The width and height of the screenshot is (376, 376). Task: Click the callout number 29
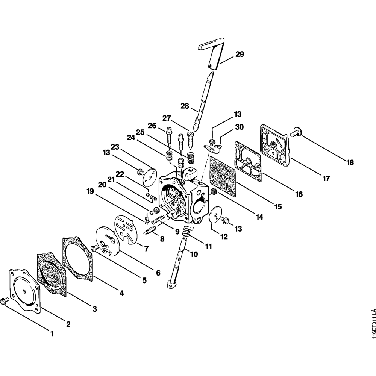[x=240, y=54]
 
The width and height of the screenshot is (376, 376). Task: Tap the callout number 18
[x=350, y=162]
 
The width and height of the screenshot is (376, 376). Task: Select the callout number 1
[x=52, y=333]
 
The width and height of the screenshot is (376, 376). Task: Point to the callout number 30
[x=239, y=127]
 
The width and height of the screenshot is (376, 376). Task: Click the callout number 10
[x=194, y=254]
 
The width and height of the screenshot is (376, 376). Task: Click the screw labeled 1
[x=5, y=301]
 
